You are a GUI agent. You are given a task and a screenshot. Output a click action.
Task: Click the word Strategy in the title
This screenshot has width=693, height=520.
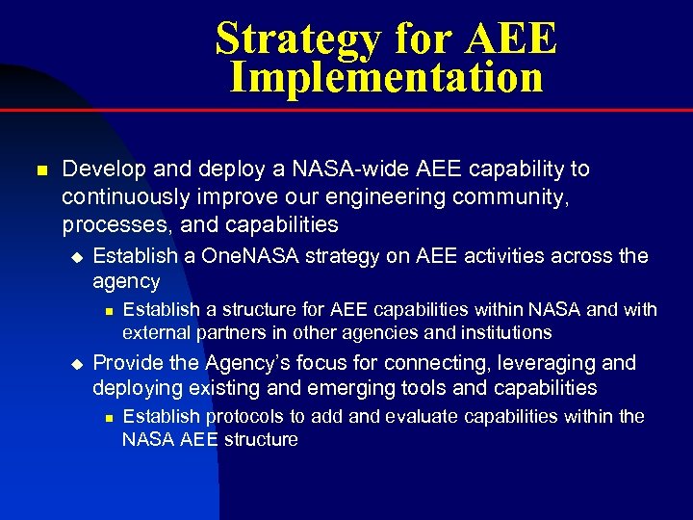click(298, 39)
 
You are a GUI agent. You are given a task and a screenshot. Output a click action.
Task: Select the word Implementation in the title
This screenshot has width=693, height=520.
click(386, 78)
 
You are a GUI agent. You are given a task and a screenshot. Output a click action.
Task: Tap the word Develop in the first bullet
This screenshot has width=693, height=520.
click(100, 169)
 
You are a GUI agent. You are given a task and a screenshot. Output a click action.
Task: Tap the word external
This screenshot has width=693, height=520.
click(158, 333)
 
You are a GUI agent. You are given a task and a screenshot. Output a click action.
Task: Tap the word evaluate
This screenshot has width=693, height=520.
click(420, 416)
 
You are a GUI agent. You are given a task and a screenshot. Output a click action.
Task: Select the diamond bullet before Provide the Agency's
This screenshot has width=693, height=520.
click(78, 364)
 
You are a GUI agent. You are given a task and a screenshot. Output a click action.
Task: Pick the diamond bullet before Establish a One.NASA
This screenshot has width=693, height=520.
click(78, 257)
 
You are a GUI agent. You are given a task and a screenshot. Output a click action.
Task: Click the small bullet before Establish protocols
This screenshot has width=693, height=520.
click(109, 417)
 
